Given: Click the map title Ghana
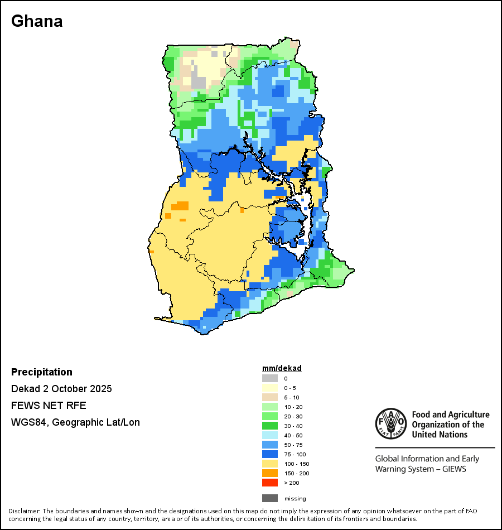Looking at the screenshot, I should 37,21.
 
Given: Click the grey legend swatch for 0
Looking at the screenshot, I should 270,378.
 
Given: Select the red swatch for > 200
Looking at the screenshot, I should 270,483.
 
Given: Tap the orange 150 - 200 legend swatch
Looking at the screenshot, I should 270,473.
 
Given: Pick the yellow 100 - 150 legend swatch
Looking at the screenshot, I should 270,464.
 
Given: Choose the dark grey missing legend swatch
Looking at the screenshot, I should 270,498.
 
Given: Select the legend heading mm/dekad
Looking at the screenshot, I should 282,368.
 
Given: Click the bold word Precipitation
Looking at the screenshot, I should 42,372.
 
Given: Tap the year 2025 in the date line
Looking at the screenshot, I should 101,389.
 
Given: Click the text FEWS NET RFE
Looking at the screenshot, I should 49,406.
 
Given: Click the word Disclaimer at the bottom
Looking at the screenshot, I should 23,511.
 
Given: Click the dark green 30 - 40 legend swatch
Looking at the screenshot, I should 270,426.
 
